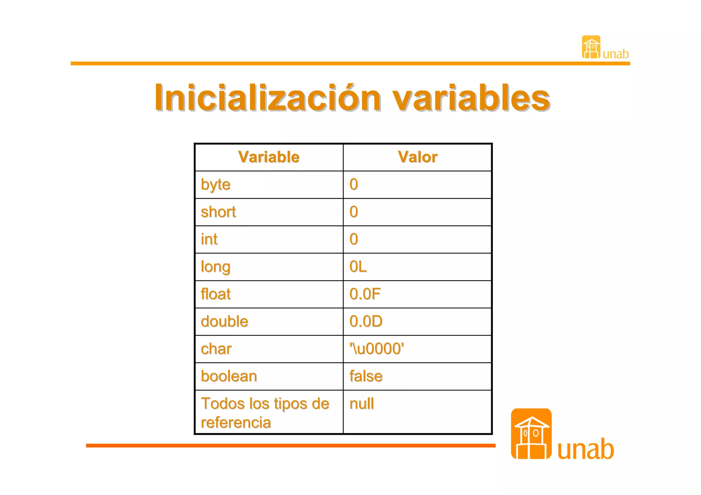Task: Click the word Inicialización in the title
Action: [x=267, y=98]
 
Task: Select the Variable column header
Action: [x=269, y=157]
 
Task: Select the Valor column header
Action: [x=417, y=157]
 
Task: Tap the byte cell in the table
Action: [x=216, y=185]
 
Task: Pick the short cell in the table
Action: [x=218, y=212]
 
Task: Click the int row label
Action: [x=209, y=239]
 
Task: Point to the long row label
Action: [x=216, y=267]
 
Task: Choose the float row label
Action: [x=216, y=294]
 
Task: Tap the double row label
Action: [x=225, y=322]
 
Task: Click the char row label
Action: [x=216, y=349]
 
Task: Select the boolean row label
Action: [x=229, y=376]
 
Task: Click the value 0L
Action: [x=358, y=267]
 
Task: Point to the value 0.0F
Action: [x=365, y=294]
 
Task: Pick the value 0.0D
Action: [x=366, y=322]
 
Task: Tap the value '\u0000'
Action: [x=377, y=349]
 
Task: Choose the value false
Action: [x=366, y=376]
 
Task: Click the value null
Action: [x=362, y=404]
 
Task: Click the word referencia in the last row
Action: [x=236, y=423]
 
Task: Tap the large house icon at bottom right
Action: [x=531, y=434]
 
